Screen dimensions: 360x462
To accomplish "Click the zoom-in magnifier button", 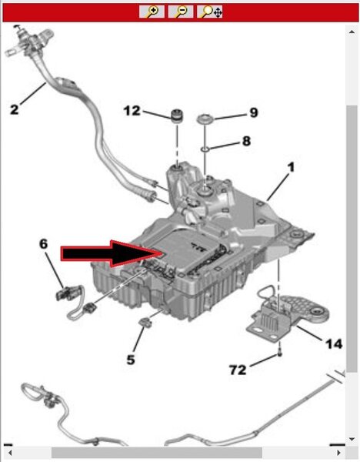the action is point(152,12).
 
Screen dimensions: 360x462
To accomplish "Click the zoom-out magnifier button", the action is point(181,12).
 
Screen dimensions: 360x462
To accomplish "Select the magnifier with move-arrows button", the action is point(209,12).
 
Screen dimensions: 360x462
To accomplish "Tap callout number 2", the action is point(14,109).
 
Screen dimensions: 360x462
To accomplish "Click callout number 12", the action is point(132,111).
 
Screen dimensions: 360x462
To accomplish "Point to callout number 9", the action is point(253,112).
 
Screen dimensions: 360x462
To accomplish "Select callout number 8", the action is point(246,141).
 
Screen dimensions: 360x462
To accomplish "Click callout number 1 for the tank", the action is point(291,167).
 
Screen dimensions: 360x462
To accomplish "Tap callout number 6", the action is point(43,243).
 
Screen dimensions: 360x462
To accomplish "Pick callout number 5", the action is point(131,360).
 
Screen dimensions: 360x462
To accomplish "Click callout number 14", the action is point(334,344).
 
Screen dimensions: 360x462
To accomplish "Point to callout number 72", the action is point(238,370).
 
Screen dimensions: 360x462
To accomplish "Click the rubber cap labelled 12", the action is point(177,115).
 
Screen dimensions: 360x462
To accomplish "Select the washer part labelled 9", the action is point(205,119).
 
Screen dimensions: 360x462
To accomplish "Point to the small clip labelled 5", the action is point(145,323).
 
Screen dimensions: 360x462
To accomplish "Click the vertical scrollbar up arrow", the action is point(352,32).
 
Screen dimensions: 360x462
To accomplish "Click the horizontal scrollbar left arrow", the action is point(10,452).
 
